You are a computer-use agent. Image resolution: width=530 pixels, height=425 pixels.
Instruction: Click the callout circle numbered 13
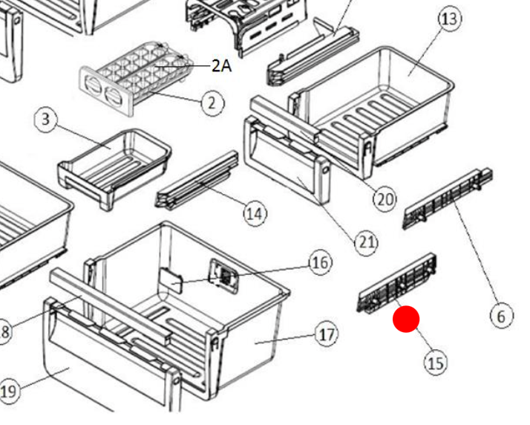coord(450,19)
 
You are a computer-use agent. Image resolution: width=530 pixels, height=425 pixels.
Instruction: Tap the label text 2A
coord(221,66)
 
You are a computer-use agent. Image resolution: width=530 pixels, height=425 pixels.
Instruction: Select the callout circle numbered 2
coord(212,103)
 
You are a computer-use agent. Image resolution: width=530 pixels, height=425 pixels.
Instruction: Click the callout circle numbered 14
coord(255,214)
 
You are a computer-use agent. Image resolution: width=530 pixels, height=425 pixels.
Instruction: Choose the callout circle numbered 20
coord(385,198)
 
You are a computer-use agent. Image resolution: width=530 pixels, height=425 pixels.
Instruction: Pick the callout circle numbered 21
coord(366,241)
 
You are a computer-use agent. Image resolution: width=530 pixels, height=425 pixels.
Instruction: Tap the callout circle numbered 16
coord(320,262)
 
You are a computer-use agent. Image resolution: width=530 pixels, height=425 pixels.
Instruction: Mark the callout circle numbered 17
coord(327,334)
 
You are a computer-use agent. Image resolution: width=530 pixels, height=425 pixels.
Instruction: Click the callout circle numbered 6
coord(501,317)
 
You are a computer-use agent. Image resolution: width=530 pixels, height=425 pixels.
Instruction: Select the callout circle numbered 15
coord(436,363)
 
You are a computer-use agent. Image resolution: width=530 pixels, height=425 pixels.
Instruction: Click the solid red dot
coord(406,319)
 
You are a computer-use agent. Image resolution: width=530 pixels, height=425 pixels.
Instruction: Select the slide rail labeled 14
coord(197,181)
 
